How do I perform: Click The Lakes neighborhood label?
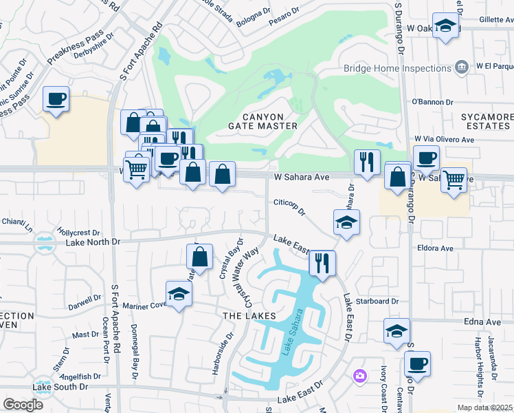coord(248,315)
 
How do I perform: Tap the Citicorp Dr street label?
coord(289,208)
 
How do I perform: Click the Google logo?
coord(23,405)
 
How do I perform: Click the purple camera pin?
coord(359,376)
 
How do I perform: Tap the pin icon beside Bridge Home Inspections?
coord(462,67)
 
